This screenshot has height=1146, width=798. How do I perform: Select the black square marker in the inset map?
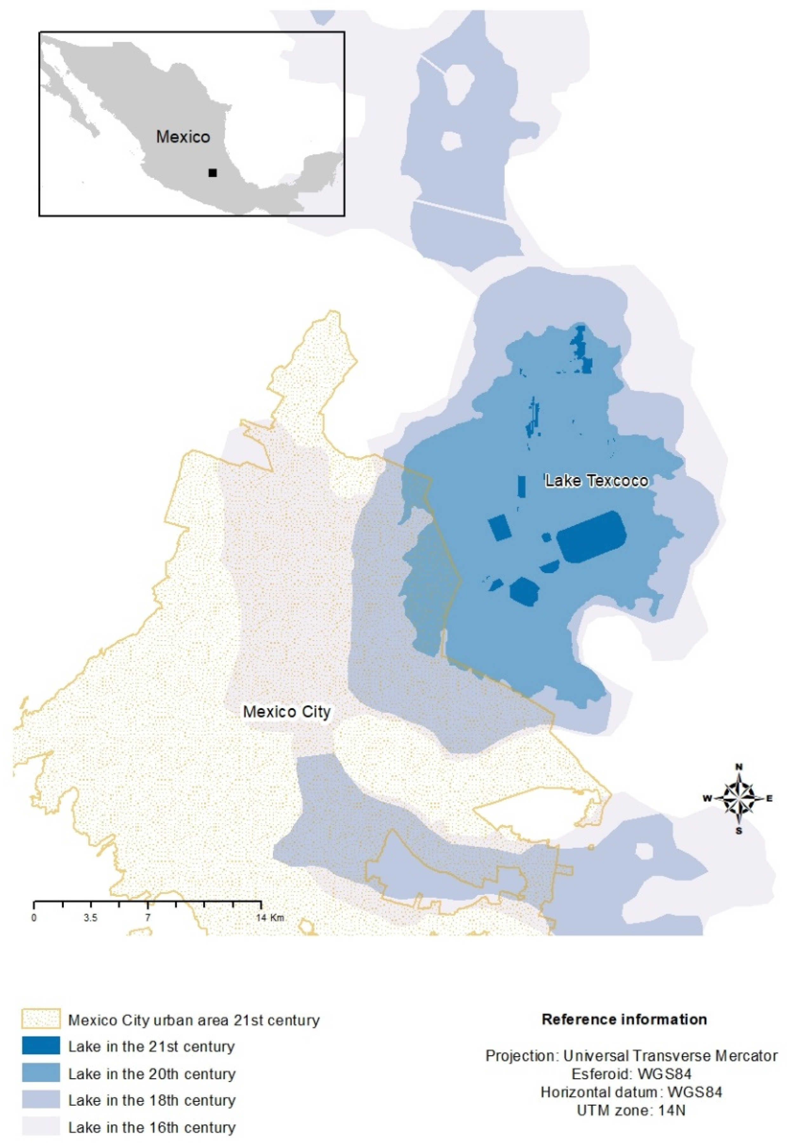tap(213, 173)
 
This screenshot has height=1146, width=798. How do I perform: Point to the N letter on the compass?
tap(739, 767)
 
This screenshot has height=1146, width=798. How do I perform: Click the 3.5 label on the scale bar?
tap(90, 918)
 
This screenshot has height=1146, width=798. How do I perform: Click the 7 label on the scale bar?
tap(148, 918)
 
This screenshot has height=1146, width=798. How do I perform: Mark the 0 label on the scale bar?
tap(34, 918)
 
